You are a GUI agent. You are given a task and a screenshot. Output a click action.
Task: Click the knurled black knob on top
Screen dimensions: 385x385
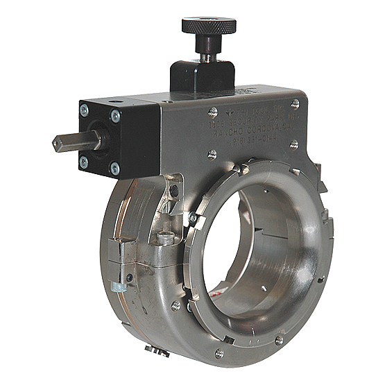click(209, 26)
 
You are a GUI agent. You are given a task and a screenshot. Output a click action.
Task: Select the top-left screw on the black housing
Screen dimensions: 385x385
click(84, 110)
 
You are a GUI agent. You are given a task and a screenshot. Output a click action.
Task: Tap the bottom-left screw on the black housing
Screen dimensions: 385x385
click(84, 162)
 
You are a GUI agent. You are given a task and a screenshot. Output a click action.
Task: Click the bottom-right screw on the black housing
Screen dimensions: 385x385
click(114, 169)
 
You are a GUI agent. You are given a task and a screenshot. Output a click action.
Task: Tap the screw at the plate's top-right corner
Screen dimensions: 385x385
click(295, 103)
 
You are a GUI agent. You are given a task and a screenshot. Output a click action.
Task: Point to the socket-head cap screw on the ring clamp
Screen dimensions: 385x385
click(164, 238)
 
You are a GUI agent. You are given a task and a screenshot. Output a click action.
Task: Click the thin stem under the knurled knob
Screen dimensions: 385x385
click(207, 48)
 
